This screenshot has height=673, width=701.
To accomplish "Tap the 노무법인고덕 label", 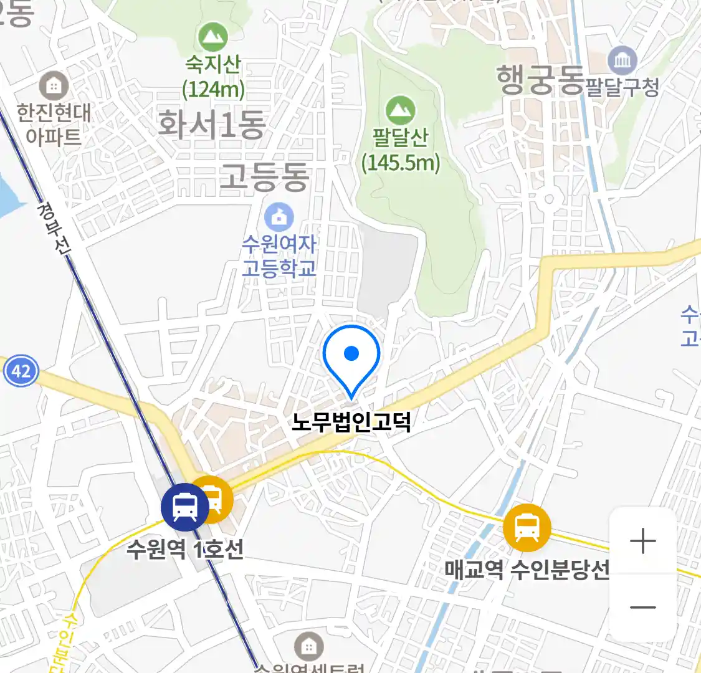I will click(351, 422).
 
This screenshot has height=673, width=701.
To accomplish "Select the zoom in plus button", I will click(642, 541).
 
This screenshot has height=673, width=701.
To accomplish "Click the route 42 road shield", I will click(21, 371).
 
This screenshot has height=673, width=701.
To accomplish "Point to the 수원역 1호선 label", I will click(184, 550).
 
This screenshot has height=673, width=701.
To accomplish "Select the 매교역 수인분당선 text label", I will click(527, 569).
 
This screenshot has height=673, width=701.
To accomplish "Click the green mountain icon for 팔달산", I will click(400, 111).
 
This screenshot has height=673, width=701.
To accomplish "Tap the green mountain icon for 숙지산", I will click(213, 38).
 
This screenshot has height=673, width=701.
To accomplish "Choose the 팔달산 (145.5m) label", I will click(401, 150).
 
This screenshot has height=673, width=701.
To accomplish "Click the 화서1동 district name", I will click(212, 124).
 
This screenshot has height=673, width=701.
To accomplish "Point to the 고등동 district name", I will click(264, 177).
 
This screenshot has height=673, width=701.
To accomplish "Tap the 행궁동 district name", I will click(540, 80).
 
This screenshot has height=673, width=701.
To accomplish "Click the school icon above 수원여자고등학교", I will click(279, 217).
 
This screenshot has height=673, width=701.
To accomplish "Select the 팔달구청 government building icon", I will click(622, 60).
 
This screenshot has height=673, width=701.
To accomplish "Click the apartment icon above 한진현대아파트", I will click(54, 85).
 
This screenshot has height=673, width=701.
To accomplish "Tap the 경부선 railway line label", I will click(54, 227).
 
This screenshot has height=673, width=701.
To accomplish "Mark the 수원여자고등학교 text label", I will click(279, 255).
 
